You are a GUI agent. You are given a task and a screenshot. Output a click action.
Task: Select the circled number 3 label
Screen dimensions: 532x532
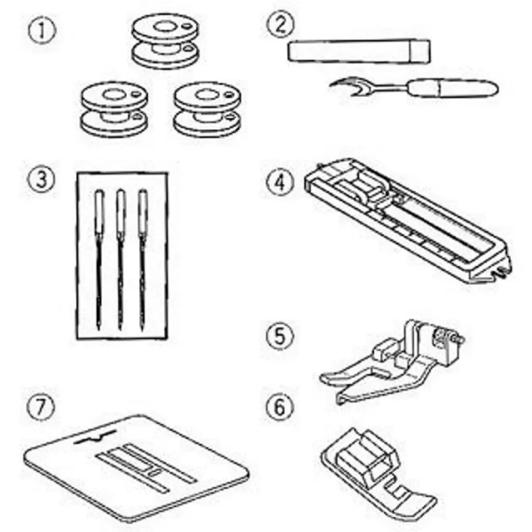[x=41, y=180]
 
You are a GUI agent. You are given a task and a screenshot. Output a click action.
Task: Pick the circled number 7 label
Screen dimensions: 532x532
[x=41, y=408]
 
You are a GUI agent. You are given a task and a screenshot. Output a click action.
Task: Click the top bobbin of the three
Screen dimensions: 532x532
[x=165, y=42]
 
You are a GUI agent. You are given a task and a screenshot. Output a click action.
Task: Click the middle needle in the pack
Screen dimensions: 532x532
[x=121, y=260]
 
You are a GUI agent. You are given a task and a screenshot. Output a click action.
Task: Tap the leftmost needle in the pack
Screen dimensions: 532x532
[x=99, y=260]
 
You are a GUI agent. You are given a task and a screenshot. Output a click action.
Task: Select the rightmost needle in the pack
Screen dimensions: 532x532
[x=142, y=260]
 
